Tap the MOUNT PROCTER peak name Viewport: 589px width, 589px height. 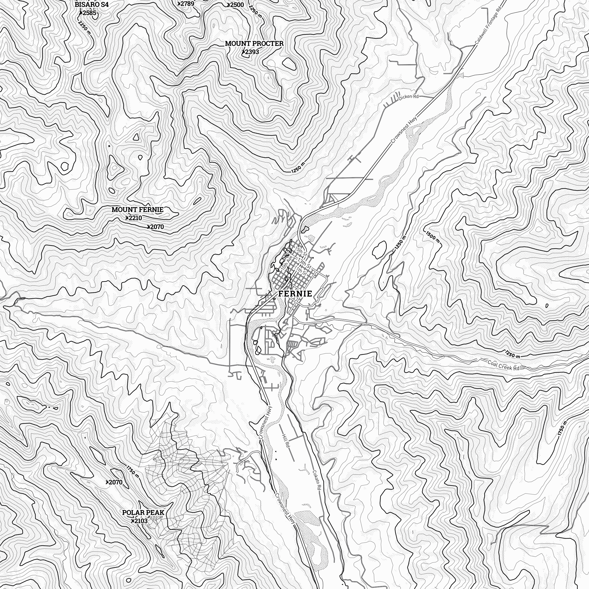click(254, 43)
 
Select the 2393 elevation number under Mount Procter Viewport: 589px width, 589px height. click(252, 52)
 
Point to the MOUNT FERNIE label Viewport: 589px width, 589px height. click(138, 210)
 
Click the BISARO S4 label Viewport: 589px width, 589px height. click(92, 5)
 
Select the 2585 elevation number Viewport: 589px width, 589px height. click(89, 13)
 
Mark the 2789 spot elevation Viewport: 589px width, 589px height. click(187, 4)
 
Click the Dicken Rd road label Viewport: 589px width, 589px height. click(409, 97)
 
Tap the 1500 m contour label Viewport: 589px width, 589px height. click(433, 237)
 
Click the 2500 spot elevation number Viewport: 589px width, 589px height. click(237, 5)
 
